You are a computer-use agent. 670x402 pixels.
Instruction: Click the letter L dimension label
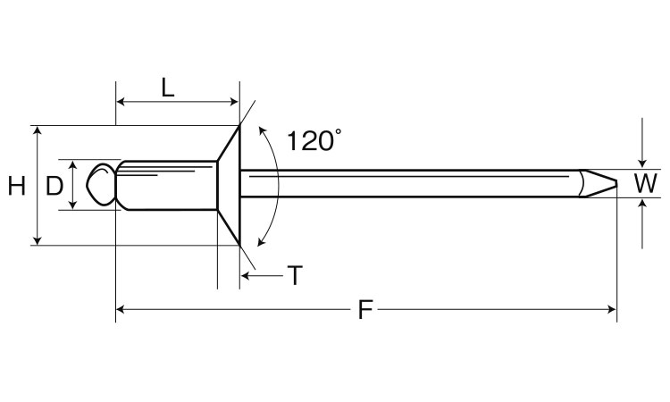coord(168,88)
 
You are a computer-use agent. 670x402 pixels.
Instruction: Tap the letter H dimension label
coord(17,187)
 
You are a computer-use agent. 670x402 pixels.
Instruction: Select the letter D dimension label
coord(54,187)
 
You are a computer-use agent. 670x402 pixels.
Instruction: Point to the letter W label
coord(645,184)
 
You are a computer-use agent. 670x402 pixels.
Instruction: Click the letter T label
coord(295,275)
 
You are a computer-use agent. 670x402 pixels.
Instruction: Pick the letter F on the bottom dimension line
coord(365,309)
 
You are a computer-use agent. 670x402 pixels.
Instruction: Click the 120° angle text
coord(314,140)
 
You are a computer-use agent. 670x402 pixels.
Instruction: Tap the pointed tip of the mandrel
coord(616,184)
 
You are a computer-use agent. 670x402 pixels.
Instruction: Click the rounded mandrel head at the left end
coord(101,185)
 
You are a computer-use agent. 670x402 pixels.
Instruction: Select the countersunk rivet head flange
coord(229,186)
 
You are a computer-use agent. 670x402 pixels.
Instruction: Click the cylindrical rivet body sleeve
coord(167,186)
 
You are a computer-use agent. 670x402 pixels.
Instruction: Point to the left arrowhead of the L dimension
coord(120,102)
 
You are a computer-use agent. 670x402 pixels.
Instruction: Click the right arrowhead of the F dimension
coord(612,309)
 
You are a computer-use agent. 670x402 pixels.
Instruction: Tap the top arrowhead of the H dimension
coord(38,130)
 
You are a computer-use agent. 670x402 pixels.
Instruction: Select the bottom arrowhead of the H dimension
coord(38,241)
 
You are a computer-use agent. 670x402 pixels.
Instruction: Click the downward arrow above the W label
coord(641,143)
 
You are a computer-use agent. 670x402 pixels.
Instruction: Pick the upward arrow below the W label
coord(641,224)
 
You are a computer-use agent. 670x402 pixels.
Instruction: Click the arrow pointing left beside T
coord(262,275)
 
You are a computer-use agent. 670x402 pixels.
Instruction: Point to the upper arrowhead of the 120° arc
coord(262,130)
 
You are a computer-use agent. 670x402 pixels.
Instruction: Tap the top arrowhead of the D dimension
coord(73,164)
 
